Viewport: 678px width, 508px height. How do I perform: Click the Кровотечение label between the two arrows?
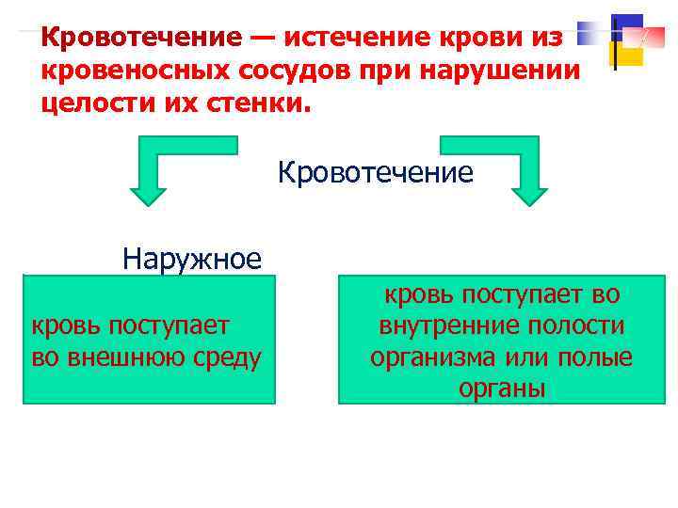(375, 173)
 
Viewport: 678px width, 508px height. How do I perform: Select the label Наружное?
(192, 258)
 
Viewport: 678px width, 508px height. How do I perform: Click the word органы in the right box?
(502, 389)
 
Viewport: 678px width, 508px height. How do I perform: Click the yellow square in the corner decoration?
(629, 56)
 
